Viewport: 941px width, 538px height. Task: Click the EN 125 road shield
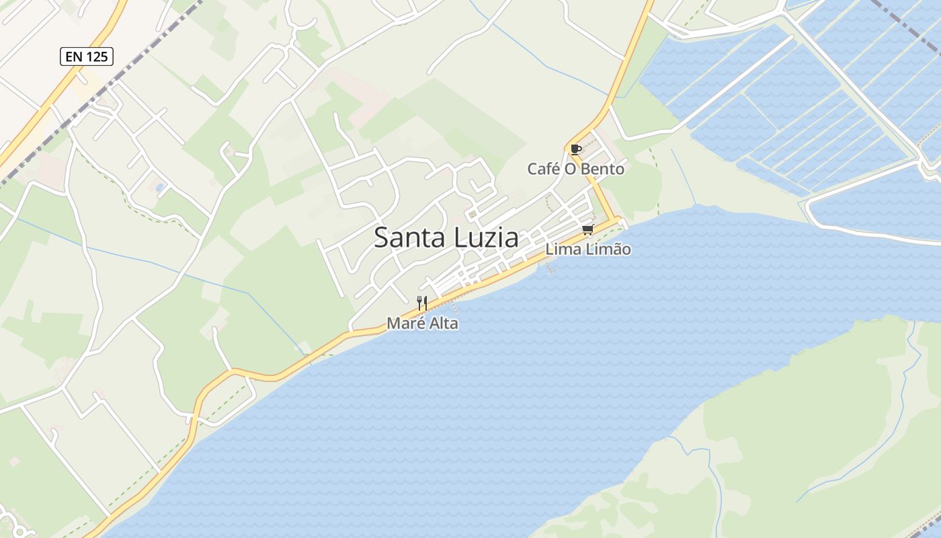pyautogui.click(x=87, y=56)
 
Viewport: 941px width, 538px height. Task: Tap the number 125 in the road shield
pyautogui.click(x=97, y=56)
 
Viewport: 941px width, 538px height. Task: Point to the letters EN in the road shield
pyautogui.click(x=75, y=56)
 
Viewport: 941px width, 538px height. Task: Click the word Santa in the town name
pyautogui.click(x=405, y=238)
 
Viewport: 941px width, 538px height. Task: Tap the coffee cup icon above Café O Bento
pyautogui.click(x=575, y=149)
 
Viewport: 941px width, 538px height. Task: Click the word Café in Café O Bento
pyautogui.click(x=542, y=169)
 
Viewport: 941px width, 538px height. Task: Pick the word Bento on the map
pyautogui.click(x=602, y=169)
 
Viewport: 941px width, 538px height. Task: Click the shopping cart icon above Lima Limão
pyautogui.click(x=588, y=230)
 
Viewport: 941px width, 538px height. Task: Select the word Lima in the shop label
pyautogui.click(x=559, y=249)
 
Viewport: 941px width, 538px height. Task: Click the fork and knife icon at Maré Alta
pyautogui.click(x=422, y=303)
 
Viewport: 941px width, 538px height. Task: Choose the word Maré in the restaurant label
pyautogui.click(x=403, y=323)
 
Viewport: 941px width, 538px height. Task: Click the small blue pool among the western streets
pyautogui.click(x=159, y=187)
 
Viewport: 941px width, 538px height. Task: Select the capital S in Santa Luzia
pyautogui.click(x=381, y=238)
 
